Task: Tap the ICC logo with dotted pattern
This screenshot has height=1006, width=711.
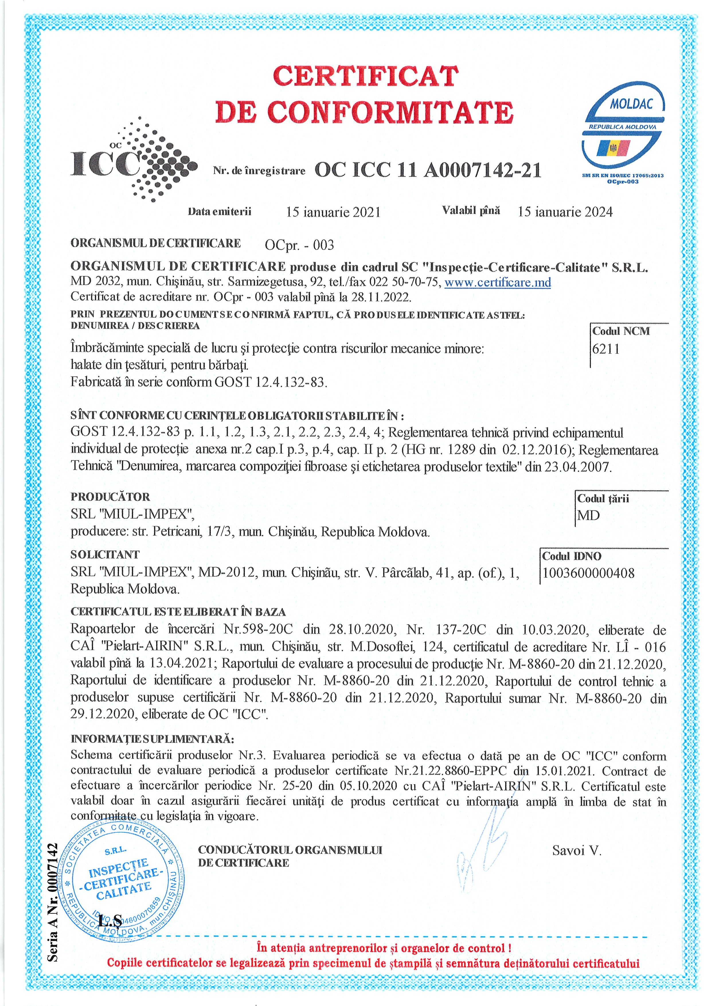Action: [x=134, y=160]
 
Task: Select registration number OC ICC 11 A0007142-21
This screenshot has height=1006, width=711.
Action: [x=427, y=170]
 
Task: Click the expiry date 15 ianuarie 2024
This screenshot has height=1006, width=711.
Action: [x=565, y=212]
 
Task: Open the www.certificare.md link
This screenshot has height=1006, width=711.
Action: [x=498, y=282]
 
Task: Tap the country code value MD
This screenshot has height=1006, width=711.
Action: [x=588, y=515]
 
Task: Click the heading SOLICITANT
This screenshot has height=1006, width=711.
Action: [x=105, y=554]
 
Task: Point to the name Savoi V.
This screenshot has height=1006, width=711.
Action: [x=577, y=851]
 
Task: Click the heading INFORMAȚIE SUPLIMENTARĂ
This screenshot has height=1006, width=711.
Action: [x=153, y=739]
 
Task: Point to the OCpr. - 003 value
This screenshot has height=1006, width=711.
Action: [x=299, y=245]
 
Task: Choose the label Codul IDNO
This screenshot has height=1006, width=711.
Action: [x=572, y=556]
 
